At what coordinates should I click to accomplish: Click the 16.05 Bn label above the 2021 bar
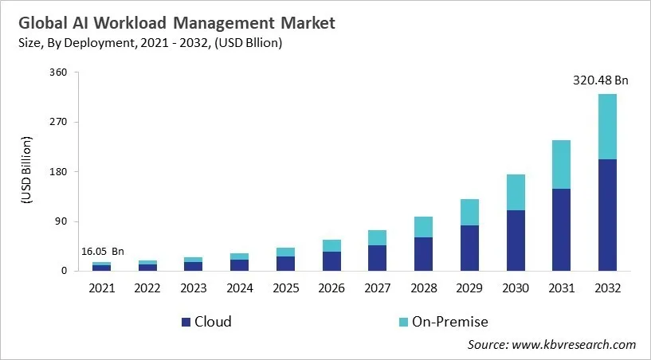point(103,252)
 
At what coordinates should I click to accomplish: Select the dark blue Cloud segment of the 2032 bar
point(607,215)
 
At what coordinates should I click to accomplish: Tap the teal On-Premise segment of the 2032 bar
point(607,127)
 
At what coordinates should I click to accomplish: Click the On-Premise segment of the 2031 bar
point(562,164)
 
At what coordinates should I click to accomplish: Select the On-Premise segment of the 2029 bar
point(470,212)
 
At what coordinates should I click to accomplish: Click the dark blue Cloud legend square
point(186,323)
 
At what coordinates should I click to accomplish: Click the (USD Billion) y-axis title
point(25,171)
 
